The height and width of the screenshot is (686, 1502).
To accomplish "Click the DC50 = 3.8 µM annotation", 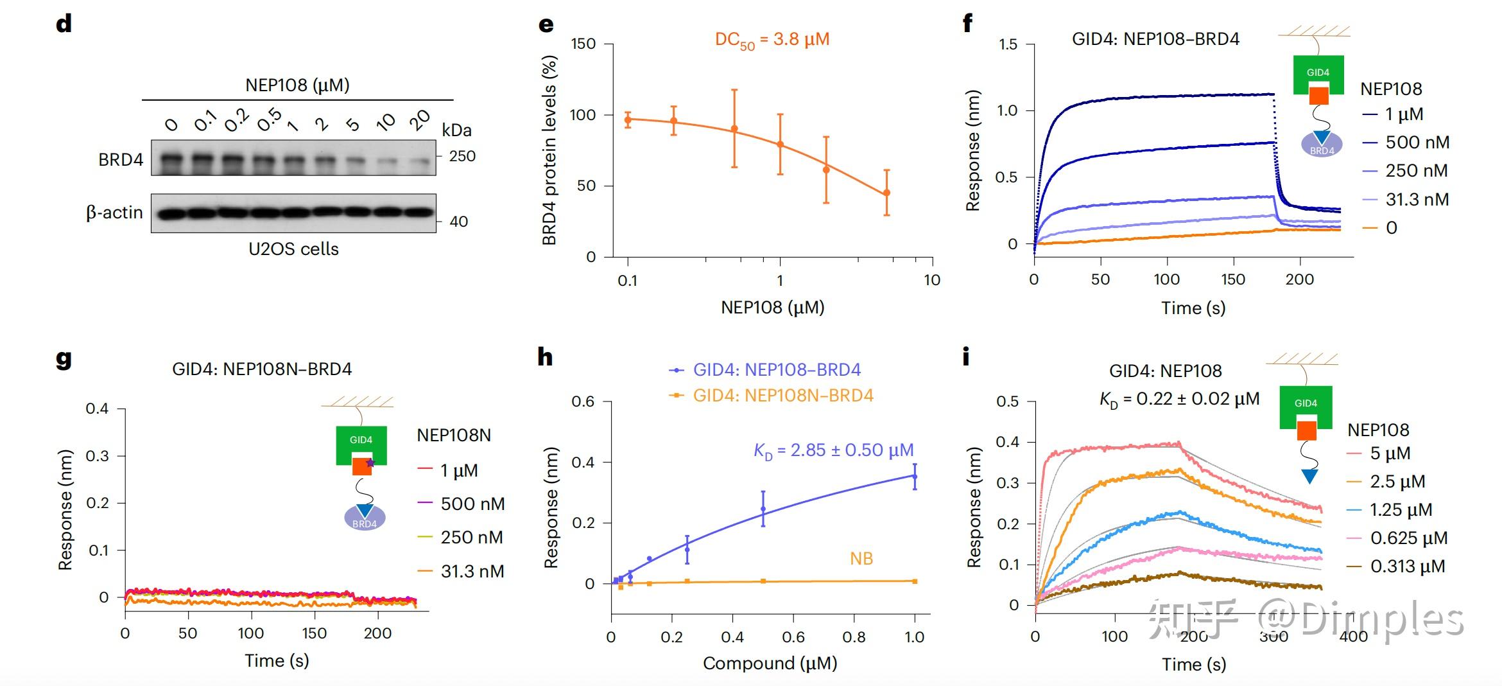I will [x=772, y=40].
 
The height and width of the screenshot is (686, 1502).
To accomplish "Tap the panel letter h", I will [x=545, y=357].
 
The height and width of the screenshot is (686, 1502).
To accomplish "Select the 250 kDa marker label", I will [x=462, y=156].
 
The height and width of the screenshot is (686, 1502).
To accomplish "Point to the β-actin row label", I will [x=114, y=213].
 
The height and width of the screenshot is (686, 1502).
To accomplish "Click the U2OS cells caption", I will [x=293, y=249].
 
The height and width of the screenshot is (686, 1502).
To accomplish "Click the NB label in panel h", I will [x=861, y=559].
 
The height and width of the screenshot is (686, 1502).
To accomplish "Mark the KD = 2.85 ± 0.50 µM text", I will [x=833, y=451].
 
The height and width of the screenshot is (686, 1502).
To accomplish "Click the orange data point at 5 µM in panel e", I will [x=886, y=193].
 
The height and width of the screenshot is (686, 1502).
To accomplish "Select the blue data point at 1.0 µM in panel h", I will [x=915, y=477].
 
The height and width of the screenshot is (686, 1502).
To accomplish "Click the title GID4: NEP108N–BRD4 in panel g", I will [x=262, y=369].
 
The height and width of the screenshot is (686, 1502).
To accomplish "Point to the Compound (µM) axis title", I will [x=770, y=663].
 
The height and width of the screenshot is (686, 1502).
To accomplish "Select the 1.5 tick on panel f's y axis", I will [x=1008, y=44].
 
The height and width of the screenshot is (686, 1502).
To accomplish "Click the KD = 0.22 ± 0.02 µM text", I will [x=1179, y=400].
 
